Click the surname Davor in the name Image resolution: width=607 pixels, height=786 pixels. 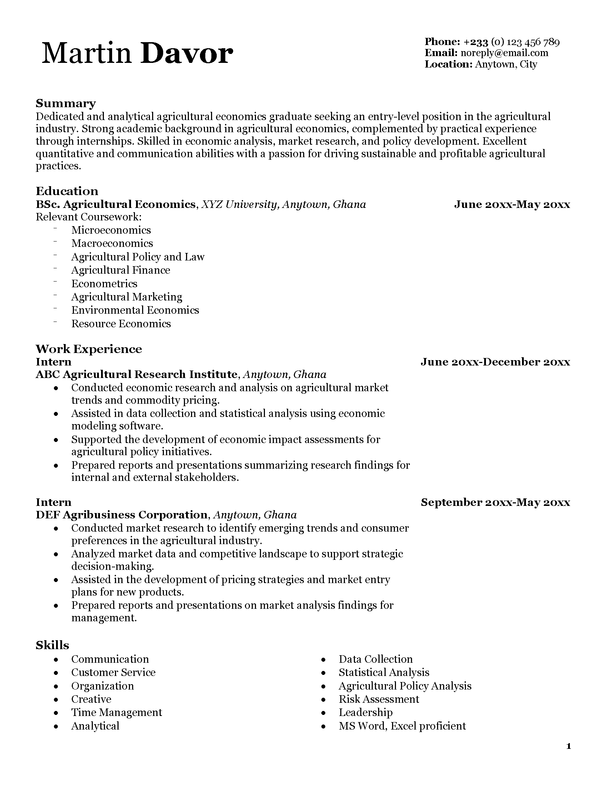coord(187,54)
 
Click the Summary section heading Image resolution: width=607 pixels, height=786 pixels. coord(65,104)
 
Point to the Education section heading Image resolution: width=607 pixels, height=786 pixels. coord(67,191)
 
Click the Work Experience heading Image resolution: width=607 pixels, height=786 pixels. coord(89,349)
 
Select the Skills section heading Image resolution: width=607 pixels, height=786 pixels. coord(52,645)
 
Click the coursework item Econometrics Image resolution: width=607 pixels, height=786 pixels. coord(104,284)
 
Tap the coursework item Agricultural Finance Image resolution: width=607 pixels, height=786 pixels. coord(120,270)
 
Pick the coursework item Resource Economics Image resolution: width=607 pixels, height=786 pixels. coord(121,324)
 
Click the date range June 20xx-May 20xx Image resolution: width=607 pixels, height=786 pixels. coord(512,205)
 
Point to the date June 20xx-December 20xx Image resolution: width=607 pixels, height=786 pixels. coord(495,362)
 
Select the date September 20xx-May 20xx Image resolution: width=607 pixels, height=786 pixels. coord(495,502)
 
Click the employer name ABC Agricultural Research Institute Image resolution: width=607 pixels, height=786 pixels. coord(137,375)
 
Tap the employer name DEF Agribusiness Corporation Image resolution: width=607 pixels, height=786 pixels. coord(122,515)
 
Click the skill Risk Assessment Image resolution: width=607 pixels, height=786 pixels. coord(378,699)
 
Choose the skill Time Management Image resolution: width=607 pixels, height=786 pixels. coord(116,713)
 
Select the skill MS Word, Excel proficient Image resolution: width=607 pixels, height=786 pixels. coord(402,726)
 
